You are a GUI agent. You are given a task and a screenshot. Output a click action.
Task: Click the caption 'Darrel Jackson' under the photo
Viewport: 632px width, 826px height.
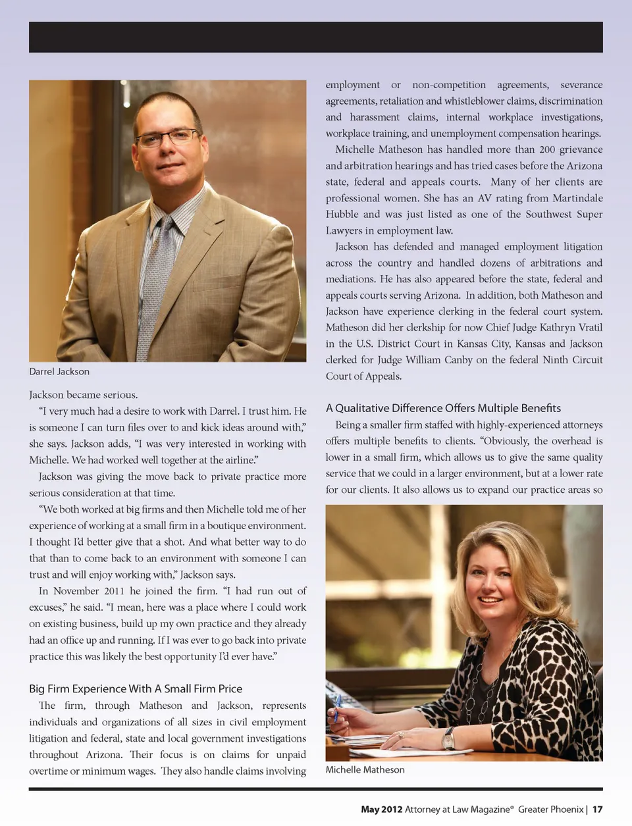coord(59,371)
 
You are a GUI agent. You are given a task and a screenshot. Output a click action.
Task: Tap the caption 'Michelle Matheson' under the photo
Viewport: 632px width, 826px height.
coord(365,769)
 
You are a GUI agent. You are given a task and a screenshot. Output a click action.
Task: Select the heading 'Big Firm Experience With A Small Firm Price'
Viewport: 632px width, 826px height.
coord(136,688)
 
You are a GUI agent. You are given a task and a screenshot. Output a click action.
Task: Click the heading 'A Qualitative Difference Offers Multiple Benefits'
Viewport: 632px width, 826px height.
coord(443,408)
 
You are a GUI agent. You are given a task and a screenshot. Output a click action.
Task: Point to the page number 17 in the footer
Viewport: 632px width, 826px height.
coord(597,809)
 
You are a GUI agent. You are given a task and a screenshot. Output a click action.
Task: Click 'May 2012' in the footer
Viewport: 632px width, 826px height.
coord(381,809)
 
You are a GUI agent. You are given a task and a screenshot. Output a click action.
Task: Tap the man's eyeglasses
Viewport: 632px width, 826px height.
coord(168,138)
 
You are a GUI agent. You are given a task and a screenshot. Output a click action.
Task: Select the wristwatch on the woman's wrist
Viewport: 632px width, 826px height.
coord(448,738)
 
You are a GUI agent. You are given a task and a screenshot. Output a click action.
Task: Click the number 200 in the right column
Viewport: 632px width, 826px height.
coord(547,149)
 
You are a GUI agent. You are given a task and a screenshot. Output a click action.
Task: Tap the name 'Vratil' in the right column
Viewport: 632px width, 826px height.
coord(591,327)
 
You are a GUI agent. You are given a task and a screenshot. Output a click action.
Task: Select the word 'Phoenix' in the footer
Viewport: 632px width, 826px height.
coord(567,809)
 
